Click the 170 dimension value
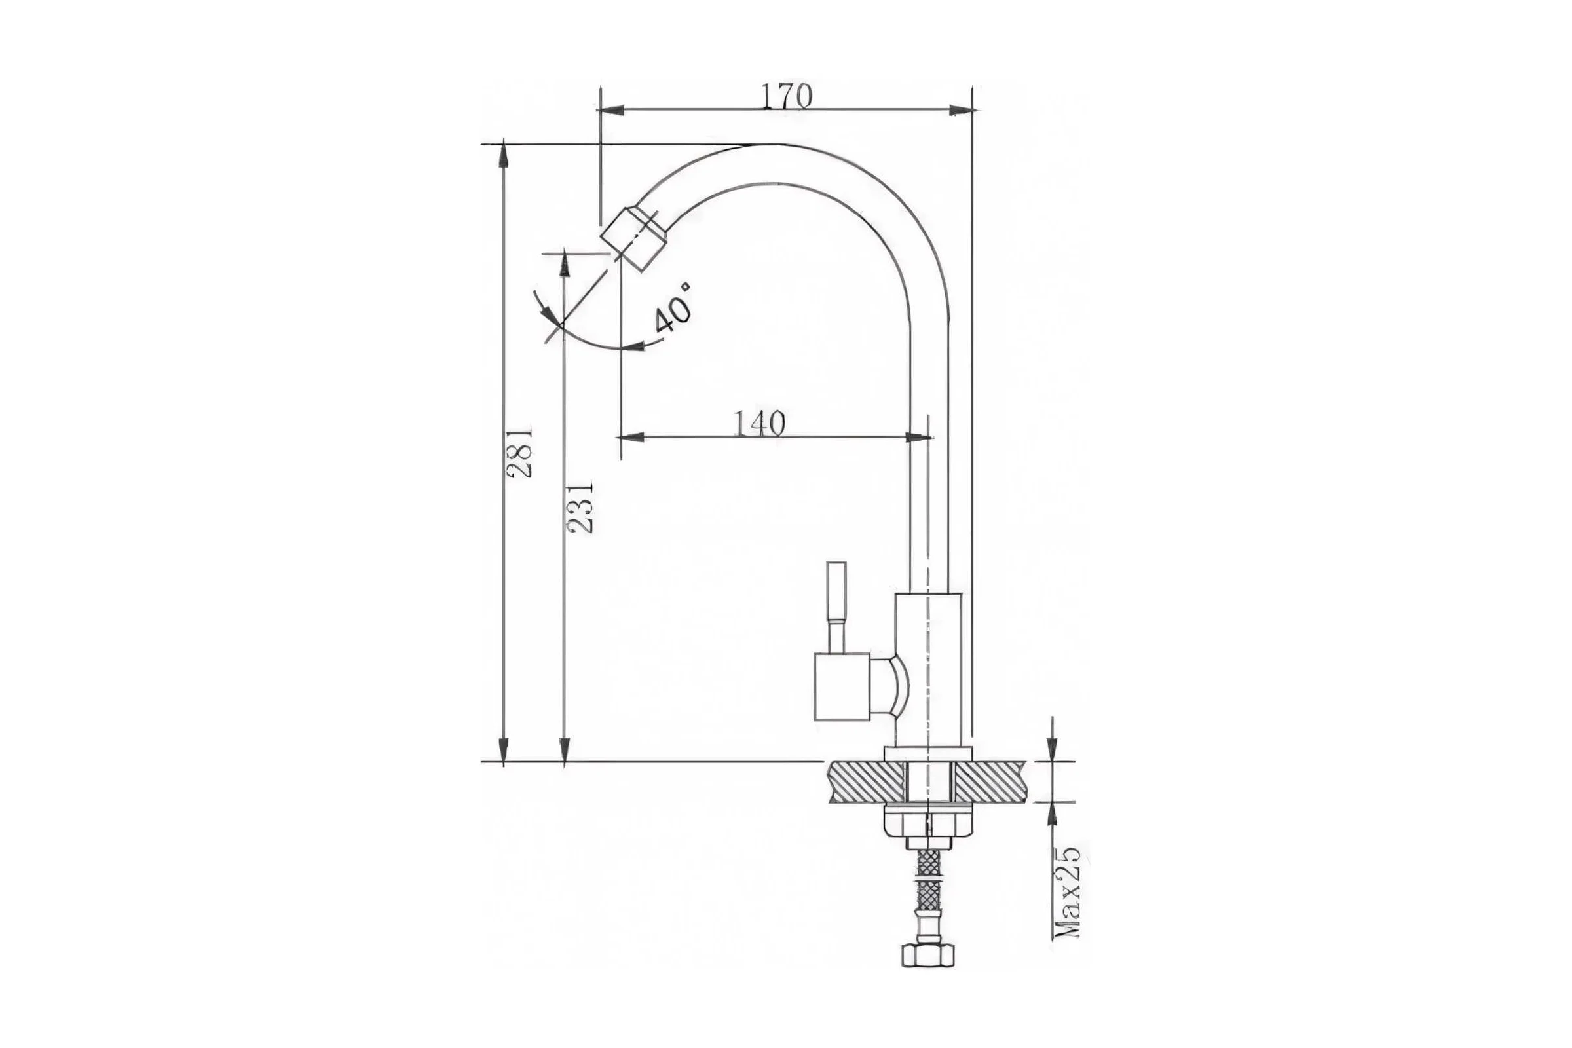coord(787,97)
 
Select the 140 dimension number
coord(759,423)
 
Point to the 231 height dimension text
coord(580,506)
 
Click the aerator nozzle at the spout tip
coord(634,238)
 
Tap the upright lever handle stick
coord(836,607)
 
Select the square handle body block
coord(842,686)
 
